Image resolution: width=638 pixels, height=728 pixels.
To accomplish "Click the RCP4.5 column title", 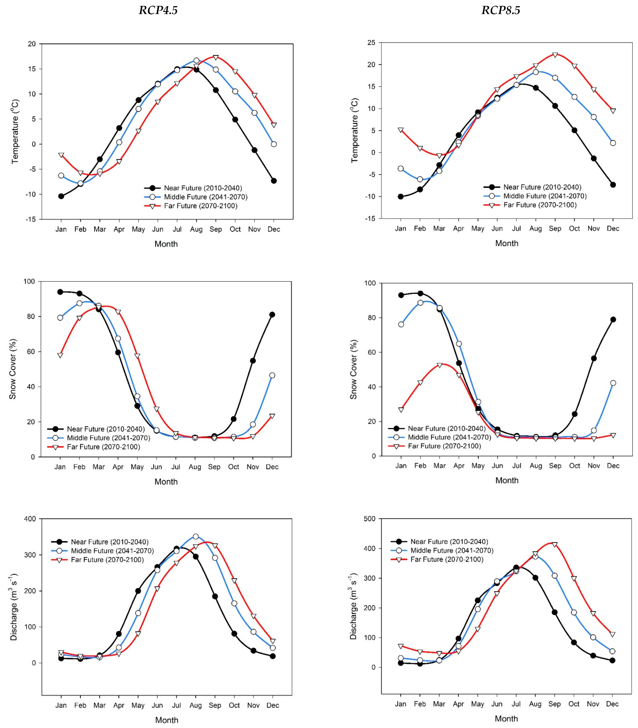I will [x=158, y=10].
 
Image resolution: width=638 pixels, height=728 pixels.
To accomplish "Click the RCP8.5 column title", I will [x=501, y=10].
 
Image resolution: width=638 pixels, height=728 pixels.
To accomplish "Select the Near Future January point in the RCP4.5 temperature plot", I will [x=61, y=196].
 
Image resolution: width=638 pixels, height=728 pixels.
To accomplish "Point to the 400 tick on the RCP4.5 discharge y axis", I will [x=30, y=519].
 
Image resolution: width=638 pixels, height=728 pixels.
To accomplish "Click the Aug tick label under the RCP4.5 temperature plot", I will [x=196, y=229].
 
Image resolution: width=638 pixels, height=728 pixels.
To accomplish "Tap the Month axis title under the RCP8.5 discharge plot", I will [x=506, y=718].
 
